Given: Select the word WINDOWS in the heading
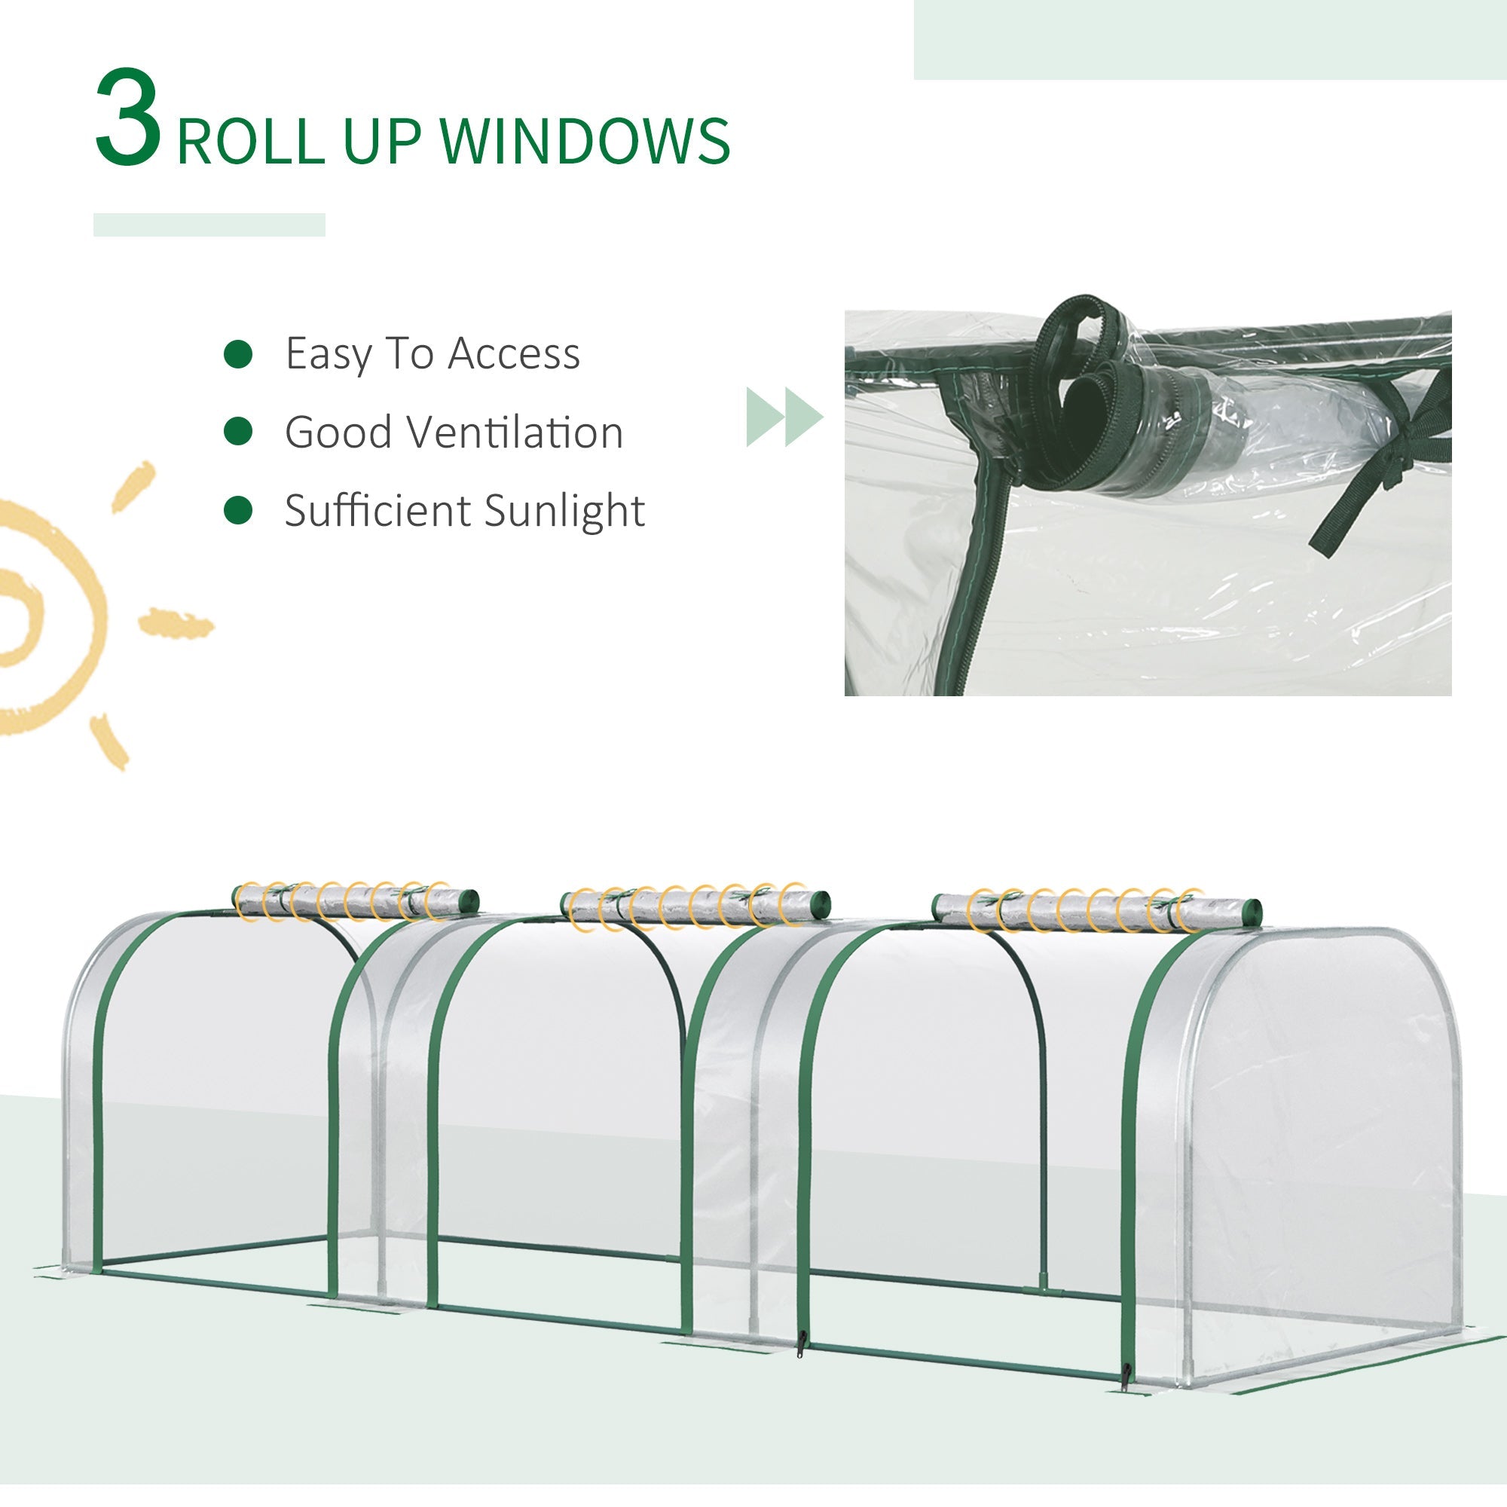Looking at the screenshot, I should point(584,141).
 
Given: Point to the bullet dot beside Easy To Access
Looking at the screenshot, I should point(238,354).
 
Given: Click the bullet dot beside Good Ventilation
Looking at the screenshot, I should point(238,431).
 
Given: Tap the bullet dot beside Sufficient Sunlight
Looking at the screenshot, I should point(238,510).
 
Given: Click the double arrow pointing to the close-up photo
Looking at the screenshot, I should point(784,417).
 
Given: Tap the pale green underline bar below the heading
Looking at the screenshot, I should point(209,225).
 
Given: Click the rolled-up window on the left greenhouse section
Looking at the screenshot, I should point(356,902).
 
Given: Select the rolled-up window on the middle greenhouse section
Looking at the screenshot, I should point(695,906).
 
